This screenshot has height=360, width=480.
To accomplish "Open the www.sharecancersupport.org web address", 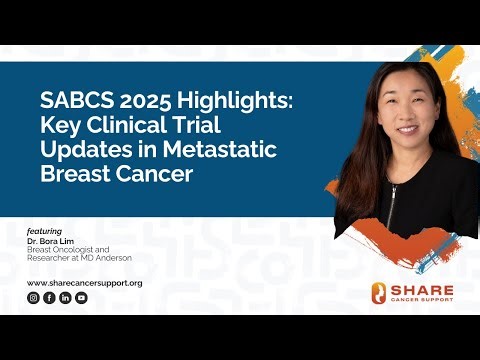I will (x=84, y=283).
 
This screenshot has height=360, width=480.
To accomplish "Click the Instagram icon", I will (x=33, y=298).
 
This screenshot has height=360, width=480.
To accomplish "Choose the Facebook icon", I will (x=49, y=298).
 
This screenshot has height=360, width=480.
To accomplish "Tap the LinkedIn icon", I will (x=65, y=298).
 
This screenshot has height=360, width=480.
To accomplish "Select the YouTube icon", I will (x=81, y=298).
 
